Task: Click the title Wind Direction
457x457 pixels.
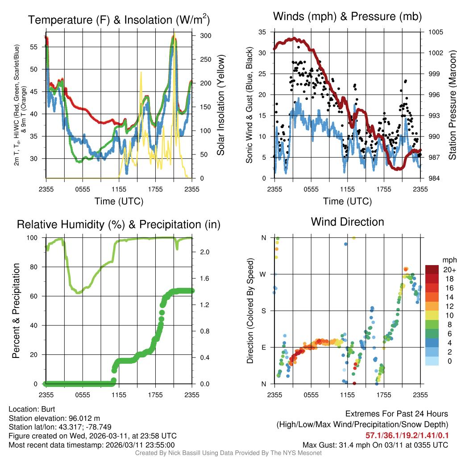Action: click(x=347, y=222)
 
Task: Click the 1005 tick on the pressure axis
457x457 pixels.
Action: click(x=435, y=32)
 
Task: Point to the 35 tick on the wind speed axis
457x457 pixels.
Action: click(x=263, y=32)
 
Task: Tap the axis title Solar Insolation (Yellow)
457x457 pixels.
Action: click(x=220, y=105)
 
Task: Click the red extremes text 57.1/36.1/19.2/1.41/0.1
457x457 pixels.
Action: click(x=407, y=435)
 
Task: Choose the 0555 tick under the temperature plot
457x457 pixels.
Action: click(x=83, y=189)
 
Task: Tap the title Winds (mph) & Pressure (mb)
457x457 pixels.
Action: click(x=347, y=17)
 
